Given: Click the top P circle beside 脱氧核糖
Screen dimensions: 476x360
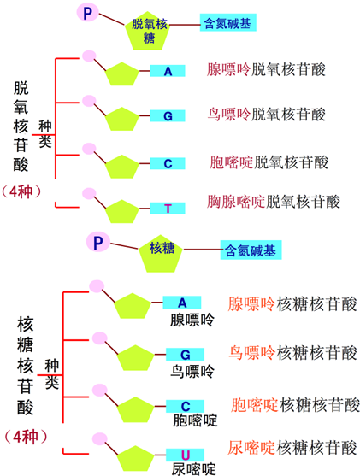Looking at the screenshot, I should tap(88, 12).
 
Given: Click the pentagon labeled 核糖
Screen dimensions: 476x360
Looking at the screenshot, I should tap(162, 250).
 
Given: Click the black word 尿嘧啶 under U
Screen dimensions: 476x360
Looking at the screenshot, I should tap(193, 467).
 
